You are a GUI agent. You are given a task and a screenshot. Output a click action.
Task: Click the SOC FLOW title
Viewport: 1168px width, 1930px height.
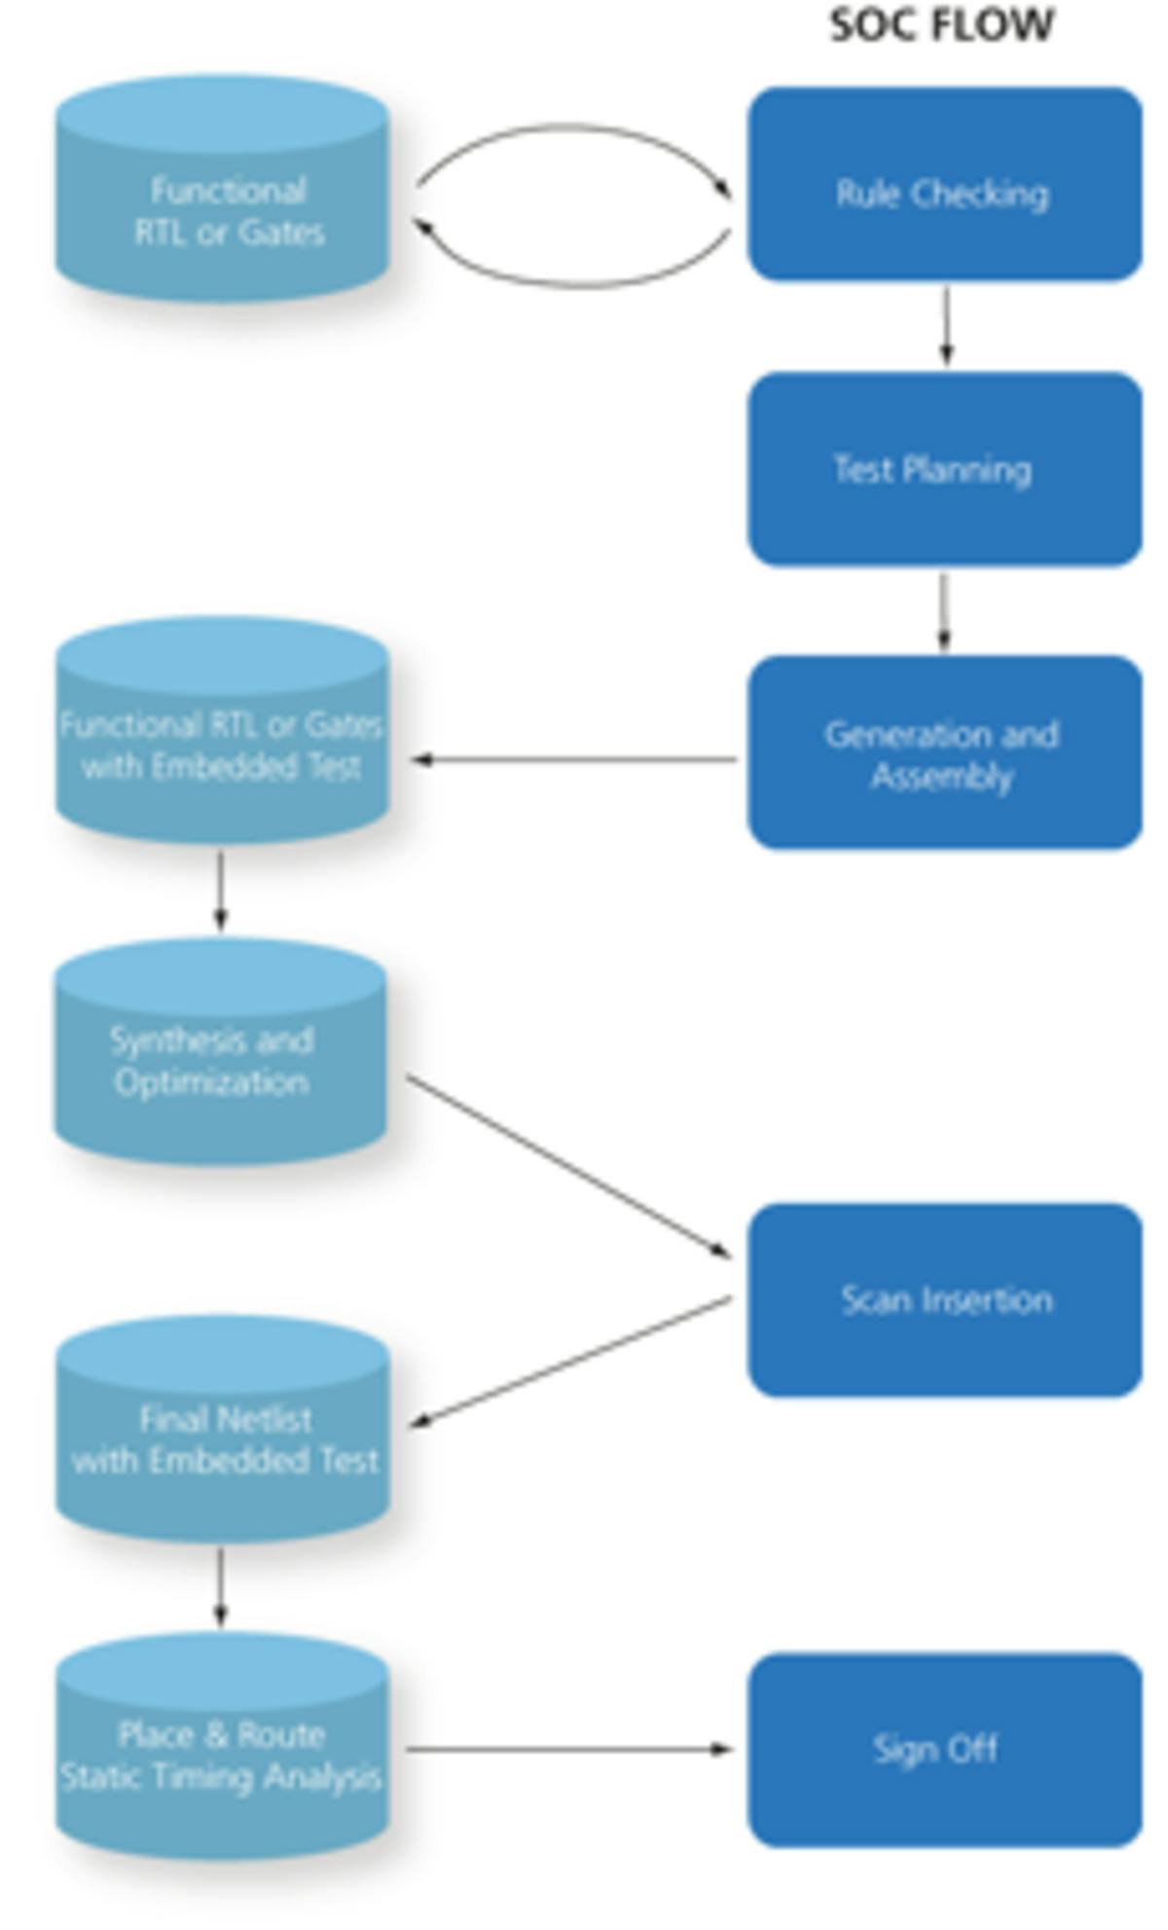(x=941, y=24)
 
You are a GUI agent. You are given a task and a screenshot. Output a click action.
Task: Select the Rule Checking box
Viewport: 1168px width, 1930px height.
(x=944, y=185)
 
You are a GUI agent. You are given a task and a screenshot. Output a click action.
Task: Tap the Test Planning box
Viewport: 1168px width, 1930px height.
(x=944, y=469)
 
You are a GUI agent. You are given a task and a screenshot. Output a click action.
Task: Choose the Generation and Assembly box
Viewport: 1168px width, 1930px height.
(x=944, y=753)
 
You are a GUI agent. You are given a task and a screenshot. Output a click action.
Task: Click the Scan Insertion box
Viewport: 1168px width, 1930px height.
(x=944, y=1300)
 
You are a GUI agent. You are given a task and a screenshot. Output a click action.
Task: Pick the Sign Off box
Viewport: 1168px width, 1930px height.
(x=944, y=1749)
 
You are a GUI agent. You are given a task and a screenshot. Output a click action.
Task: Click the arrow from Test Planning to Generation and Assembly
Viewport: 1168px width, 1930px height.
(x=943, y=611)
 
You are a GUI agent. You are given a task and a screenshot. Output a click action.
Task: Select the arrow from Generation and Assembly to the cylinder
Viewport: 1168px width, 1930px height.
(x=574, y=759)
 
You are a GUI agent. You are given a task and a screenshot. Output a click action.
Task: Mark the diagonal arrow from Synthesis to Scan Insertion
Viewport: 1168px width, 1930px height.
(x=568, y=1166)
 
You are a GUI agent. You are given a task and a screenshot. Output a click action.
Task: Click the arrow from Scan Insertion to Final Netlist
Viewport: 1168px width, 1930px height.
(x=570, y=1362)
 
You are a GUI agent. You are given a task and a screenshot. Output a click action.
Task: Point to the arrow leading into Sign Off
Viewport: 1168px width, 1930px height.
(x=568, y=1749)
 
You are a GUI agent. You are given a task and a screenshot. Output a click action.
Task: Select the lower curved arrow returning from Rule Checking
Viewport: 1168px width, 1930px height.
(x=574, y=284)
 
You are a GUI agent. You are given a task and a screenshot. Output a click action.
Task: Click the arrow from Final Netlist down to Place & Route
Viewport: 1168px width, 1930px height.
(x=221, y=1587)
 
